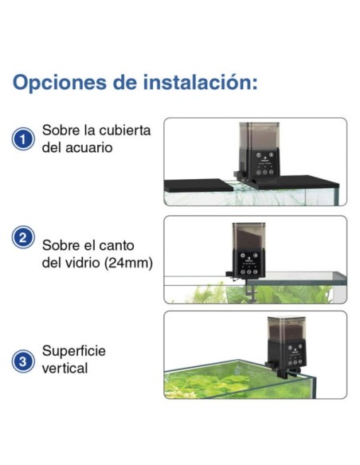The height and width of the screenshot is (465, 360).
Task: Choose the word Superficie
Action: coord(74,351)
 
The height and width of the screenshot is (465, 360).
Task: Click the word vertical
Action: coord(65,369)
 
